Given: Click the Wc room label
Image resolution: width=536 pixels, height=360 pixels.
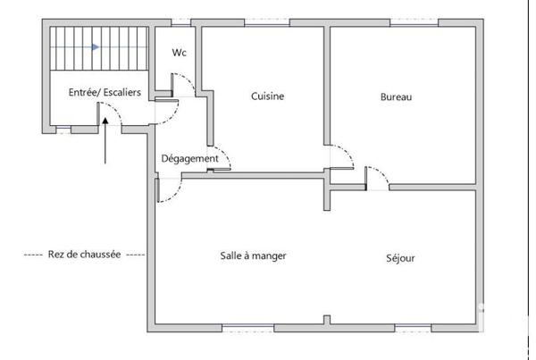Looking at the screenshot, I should (179, 52).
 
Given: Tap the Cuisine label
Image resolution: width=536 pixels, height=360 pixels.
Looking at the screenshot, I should (267, 96).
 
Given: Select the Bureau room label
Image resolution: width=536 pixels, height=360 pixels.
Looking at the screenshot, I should (396, 96).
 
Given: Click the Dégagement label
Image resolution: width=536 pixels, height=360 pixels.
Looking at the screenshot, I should (189, 159).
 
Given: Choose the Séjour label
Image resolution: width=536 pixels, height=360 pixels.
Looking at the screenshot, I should (401, 259).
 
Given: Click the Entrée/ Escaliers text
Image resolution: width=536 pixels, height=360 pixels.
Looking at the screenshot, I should (98, 92).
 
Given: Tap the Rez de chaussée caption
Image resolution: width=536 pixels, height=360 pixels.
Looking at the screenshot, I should (84, 254).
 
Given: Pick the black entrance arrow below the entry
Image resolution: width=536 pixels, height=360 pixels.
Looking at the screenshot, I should (106, 143).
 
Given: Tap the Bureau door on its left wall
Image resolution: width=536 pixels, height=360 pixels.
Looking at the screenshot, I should (341, 158).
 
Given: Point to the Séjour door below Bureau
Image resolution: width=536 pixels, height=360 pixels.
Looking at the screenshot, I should (378, 177).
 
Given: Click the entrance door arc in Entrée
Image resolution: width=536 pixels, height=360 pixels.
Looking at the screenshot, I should (111, 115).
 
